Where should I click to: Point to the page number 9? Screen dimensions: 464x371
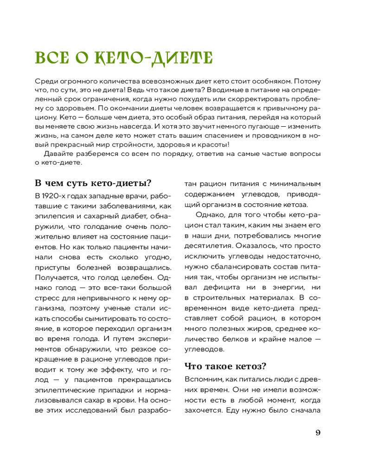tap(318, 433)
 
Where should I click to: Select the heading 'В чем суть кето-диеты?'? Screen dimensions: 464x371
tap(94, 182)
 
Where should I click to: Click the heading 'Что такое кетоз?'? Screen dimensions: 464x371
tap(225, 366)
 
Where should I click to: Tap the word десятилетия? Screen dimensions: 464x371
tap(206, 246)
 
